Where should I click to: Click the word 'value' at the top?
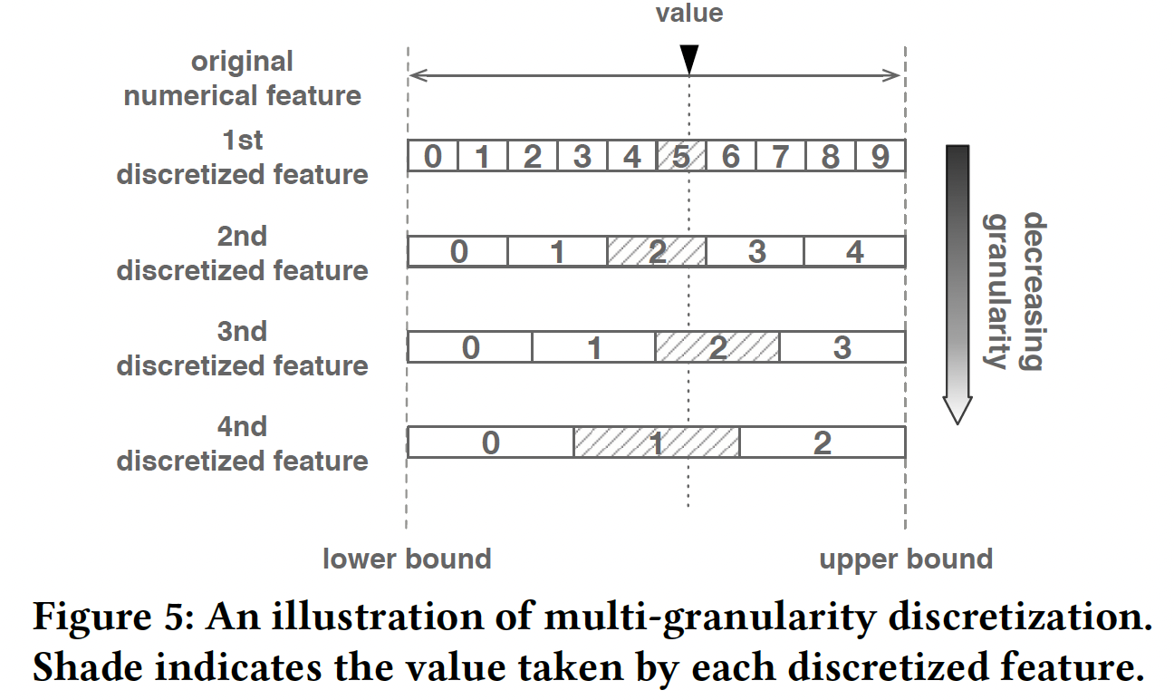coord(689,13)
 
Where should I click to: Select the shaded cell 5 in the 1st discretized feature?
coord(681,156)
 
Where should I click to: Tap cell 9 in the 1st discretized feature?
coord(880,156)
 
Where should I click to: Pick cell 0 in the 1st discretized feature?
coord(433,156)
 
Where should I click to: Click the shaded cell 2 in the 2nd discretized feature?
coord(657,251)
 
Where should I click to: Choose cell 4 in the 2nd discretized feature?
coord(854,251)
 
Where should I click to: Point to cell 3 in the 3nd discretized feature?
coord(842,346)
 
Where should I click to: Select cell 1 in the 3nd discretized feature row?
coord(593,346)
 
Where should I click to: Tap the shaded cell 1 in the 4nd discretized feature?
coord(657,442)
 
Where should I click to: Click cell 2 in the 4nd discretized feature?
coord(822,442)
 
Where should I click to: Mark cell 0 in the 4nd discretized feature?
coord(490,442)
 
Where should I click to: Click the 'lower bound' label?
coord(407,559)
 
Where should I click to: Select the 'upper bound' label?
coord(906,559)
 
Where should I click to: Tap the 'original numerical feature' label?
coord(242,78)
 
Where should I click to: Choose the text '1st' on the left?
coord(242,141)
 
